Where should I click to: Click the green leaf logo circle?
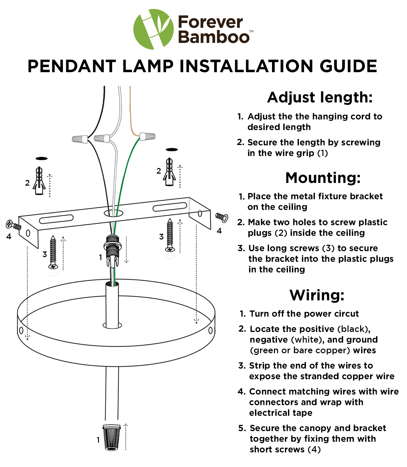153,29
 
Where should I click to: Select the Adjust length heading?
320,97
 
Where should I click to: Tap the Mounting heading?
323,178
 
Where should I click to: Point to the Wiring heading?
317,295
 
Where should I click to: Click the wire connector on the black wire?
80,139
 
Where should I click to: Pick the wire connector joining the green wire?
147,136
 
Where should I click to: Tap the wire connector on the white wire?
102,138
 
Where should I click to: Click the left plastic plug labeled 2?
39,180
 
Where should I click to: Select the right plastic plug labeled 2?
169,172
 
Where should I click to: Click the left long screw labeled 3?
53,252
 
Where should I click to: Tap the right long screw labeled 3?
170,235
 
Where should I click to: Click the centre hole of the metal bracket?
113,214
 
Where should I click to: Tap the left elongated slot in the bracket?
56,219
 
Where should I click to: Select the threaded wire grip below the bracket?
112,250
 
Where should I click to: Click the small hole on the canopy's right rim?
210,330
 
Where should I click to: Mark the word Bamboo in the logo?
214,37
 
